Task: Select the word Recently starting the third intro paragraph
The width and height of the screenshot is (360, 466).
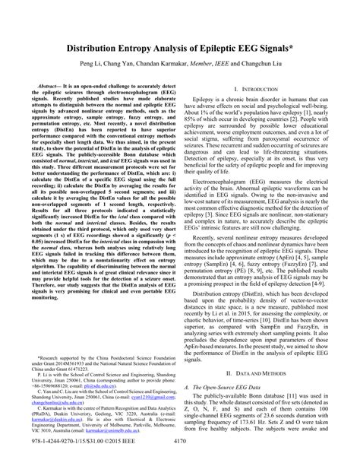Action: click(x=211, y=259)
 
